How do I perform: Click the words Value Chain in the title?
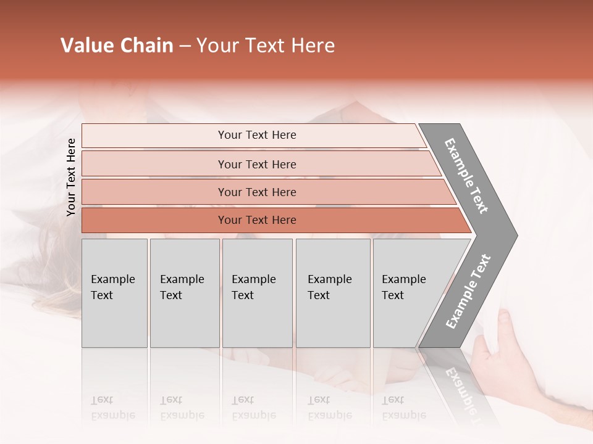click(x=117, y=46)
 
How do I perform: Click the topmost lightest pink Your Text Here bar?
click(x=256, y=135)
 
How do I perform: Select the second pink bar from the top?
click(x=256, y=164)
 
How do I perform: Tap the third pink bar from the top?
click(x=256, y=192)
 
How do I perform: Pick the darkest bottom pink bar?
click(x=256, y=220)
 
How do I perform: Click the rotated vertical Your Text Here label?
click(x=71, y=177)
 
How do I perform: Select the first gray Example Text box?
click(x=114, y=293)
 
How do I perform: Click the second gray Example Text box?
click(x=184, y=293)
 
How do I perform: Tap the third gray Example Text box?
click(x=257, y=293)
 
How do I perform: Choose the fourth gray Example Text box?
click(x=332, y=293)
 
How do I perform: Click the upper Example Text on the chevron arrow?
click(x=467, y=176)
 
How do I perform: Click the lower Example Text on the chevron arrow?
click(x=468, y=292)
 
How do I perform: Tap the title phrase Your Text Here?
click(x=266, y=46)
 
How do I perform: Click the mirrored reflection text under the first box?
click(x=113, y=408)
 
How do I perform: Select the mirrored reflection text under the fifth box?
click(x=403, y=408)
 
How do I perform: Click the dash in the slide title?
click(x=185, y=46)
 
